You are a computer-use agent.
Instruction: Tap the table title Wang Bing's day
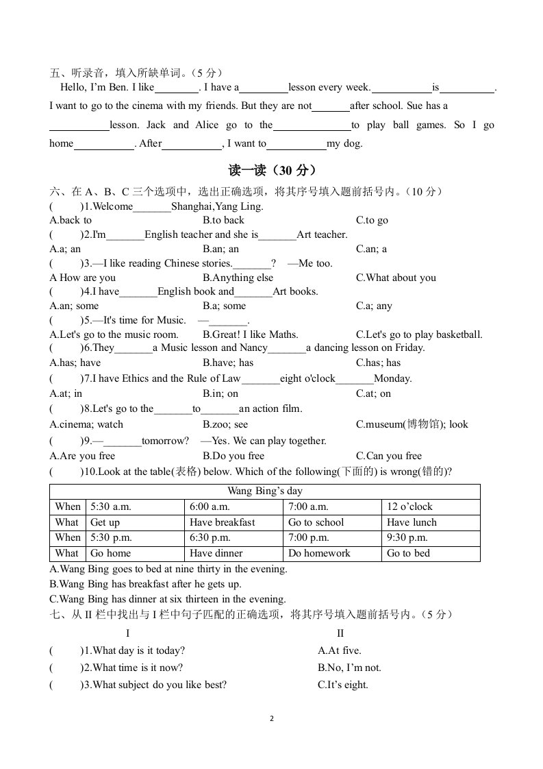pyautogui.click(x=264, y=491)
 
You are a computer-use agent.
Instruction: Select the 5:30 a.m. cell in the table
pyautogui.click(x=110, y=507)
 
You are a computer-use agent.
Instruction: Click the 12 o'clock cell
pyautogui.click(x=409, y=507)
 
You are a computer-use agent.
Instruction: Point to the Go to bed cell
pyautogui.click(x=408, y=553)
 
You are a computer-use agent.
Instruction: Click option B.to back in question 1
pyautogui.click(x=223, y=220)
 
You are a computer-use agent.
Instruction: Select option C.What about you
pyautogui.click(x=396, y=278)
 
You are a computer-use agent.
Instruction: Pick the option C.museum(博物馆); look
pyautogui.click(x=412, y=424)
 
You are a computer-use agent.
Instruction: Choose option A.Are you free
pyautogui.click(x=83, y=456)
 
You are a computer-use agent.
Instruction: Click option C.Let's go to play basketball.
pyautogui.click(x=419, y=334)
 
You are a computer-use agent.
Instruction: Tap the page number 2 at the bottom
pyautogui.click(x=272, y=719)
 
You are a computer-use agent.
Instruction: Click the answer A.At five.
pyautogui.click(x=339, y=650)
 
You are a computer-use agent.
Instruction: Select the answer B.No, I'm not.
pyautogui.click(x=349, y=668)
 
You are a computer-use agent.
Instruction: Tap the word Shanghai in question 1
pyautogui.click(x=192, y=206)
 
